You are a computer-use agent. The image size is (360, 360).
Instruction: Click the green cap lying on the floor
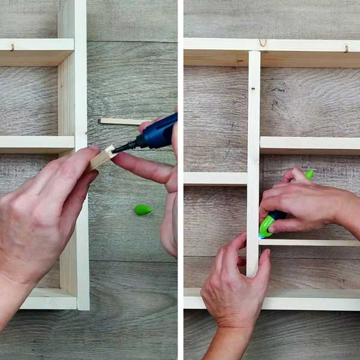[143, 210]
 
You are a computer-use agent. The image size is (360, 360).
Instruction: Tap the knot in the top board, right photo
[262, 42]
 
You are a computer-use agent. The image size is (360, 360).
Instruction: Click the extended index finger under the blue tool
[141, 167]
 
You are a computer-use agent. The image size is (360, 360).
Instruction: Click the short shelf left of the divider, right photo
[215, 178]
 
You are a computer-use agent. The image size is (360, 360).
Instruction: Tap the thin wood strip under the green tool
[312, 242]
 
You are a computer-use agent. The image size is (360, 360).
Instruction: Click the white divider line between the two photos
[180, 180]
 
